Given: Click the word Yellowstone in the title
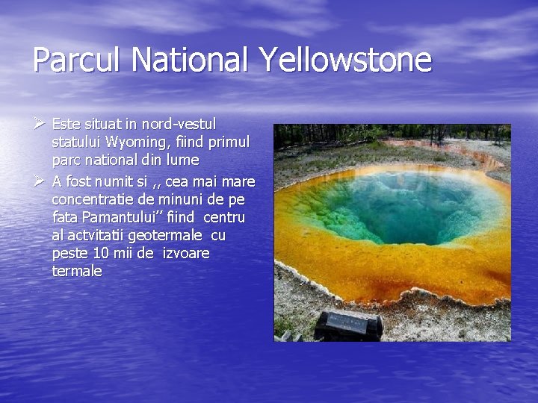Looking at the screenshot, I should click(346, 60).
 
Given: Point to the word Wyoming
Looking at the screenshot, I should click(137, 141).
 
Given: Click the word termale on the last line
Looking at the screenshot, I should click(77, 272).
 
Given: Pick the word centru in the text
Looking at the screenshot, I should click(224, 218).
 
